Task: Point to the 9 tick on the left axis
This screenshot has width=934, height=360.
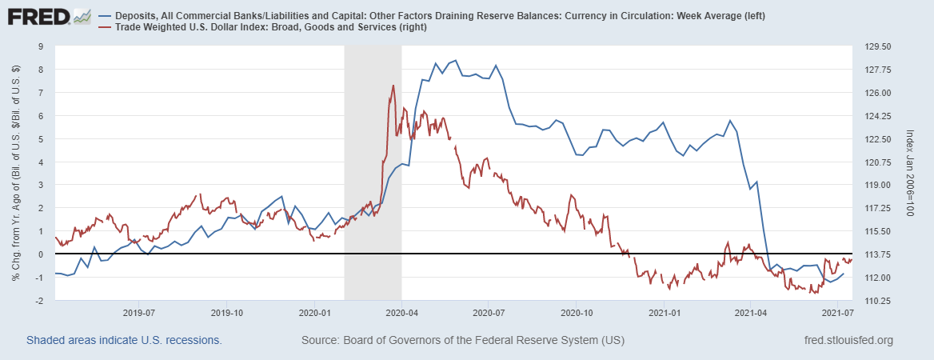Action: [x=40, y=46]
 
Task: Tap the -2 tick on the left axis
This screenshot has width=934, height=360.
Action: [x=38, y=301]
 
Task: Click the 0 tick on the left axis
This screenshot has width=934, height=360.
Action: [x=40, y=254]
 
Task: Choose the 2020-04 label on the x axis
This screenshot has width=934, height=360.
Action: [x=400, y=312]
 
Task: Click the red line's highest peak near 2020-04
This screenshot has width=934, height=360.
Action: [x=393, y=86]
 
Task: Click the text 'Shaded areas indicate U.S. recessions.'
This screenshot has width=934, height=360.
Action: [x=124, y=341]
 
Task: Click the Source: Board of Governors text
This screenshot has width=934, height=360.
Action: [x=462, y=341]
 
